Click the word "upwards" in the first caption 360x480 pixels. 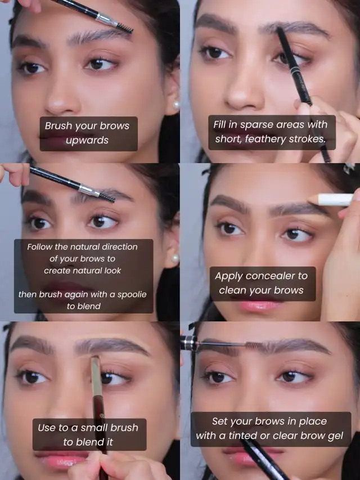[87, 141]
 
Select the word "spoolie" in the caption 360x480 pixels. [132, 294]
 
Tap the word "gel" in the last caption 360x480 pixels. [335, 436]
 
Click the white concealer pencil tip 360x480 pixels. [313, 199]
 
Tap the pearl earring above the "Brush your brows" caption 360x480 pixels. [176, 105]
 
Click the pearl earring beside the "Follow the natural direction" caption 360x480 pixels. [175, 259]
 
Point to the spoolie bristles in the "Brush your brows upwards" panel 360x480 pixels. [124, 28]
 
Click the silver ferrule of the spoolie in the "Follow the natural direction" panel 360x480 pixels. [89, 190]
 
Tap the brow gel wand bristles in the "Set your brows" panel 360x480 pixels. [254, 345]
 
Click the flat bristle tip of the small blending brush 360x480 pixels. [95, 360]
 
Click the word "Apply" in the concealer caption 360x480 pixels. [227, 276]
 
